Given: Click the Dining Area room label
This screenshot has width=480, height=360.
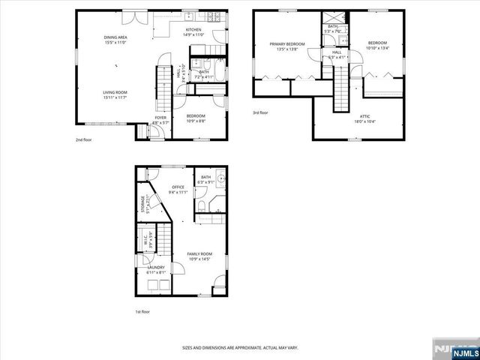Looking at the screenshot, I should tap(115, 37).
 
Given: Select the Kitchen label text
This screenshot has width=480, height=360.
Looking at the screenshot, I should tap(194, 31).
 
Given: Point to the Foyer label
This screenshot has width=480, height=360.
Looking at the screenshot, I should tap(160, 117).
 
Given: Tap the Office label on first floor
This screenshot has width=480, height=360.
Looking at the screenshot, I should tap(178, 187).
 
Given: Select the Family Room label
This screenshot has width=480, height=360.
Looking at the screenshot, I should tap(199, 253).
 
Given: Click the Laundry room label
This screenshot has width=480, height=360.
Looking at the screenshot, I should tap(156, 267).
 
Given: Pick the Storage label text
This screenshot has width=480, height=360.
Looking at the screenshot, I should tap(143, 202).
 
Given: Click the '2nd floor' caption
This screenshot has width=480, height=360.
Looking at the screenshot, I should tap(83, 139).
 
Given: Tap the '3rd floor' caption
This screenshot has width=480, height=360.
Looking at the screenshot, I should tap(260, 113).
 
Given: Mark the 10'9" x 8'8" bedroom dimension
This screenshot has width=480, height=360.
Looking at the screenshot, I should tap(196, 121).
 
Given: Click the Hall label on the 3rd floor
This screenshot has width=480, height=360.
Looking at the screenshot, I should tap(337, 52).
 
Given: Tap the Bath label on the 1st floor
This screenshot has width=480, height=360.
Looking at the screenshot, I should tap(205, 177).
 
